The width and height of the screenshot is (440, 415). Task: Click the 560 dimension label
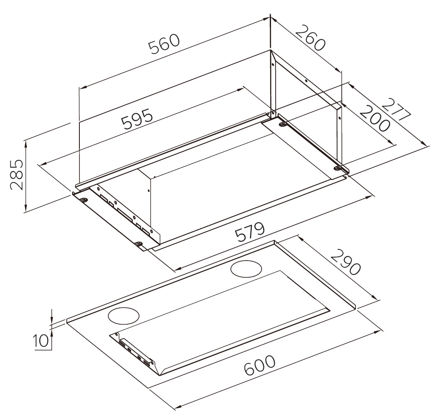coord(164,44)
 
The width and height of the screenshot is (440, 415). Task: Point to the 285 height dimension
coord(16,175)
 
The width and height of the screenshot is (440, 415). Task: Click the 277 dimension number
coord(396,109)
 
